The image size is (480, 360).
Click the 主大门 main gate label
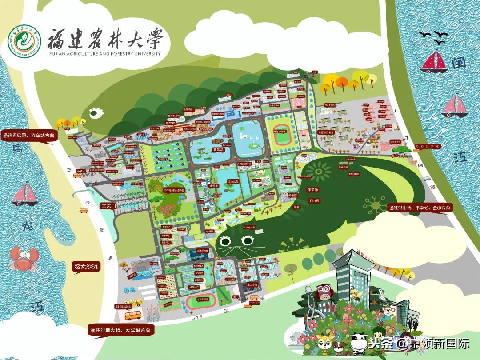109,206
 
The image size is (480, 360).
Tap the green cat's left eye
225,241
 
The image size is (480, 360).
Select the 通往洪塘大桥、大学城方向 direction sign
121,330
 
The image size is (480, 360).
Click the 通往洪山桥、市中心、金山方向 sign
420,208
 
